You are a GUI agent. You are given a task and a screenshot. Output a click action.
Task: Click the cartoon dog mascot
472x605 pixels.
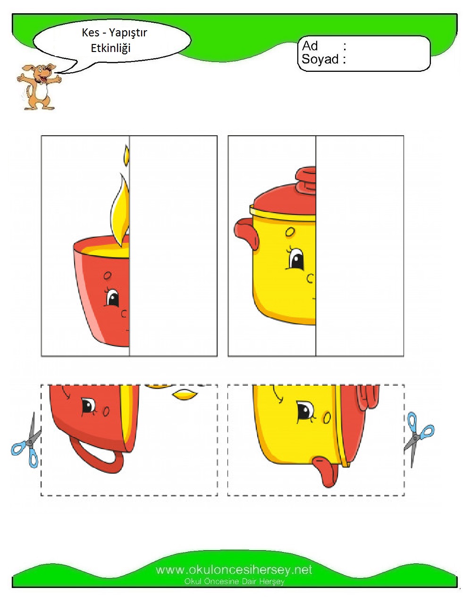tap(38, 87)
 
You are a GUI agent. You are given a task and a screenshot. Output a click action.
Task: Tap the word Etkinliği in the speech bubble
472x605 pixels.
tap(110, 48)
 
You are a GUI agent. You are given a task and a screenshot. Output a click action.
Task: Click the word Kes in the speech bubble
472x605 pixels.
tap(90, 33)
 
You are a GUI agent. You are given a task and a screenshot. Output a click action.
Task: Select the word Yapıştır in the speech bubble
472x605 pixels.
tap(127, 33)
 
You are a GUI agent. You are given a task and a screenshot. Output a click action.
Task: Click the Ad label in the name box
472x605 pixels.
tap(310, 46)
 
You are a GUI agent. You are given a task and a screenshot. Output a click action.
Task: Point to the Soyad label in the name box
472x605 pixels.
tap(320, 59)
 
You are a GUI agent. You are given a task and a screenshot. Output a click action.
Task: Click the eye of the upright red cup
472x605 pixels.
tap(112, 298)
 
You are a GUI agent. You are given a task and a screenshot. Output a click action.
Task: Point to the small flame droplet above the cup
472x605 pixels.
tap(127, 156)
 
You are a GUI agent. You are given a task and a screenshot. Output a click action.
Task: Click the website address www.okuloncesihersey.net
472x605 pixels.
tap(234, 570)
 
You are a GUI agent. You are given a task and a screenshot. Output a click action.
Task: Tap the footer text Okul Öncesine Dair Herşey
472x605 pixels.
tap(234, 581)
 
